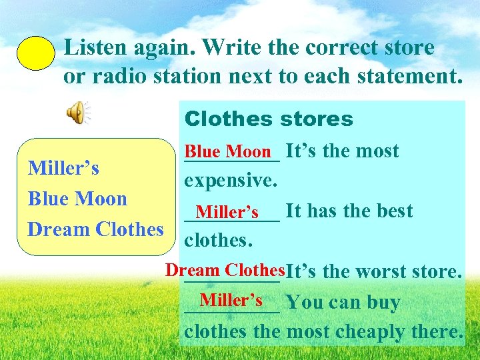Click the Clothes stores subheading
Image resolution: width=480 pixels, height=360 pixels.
click(x=269, y=119)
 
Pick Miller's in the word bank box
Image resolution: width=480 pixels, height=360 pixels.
click(x=63, y=168)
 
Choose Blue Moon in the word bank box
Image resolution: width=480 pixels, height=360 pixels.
click(x=77, y=199)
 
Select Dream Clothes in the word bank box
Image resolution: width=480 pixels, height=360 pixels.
click(x=95, y=229)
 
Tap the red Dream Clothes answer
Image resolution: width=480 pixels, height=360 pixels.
click(x=225, y=270)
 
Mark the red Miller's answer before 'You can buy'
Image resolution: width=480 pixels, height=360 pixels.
click(x=231, y=299)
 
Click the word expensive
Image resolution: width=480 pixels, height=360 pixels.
click(x=230, y=181)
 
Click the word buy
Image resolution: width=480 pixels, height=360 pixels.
click(x=382, y=303)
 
